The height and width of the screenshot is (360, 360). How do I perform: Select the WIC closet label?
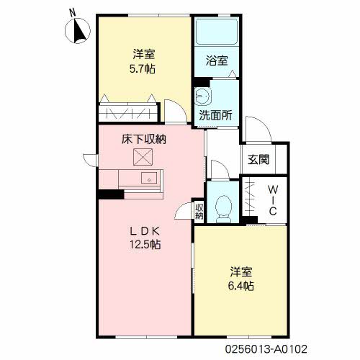point(273,199)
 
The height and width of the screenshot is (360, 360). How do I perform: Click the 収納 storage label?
point(199,211)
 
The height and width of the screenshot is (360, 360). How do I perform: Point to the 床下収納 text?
point(143,139)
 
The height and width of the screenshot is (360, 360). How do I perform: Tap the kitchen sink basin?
point(149,179)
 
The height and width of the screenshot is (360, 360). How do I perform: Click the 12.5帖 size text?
point(144,244)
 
